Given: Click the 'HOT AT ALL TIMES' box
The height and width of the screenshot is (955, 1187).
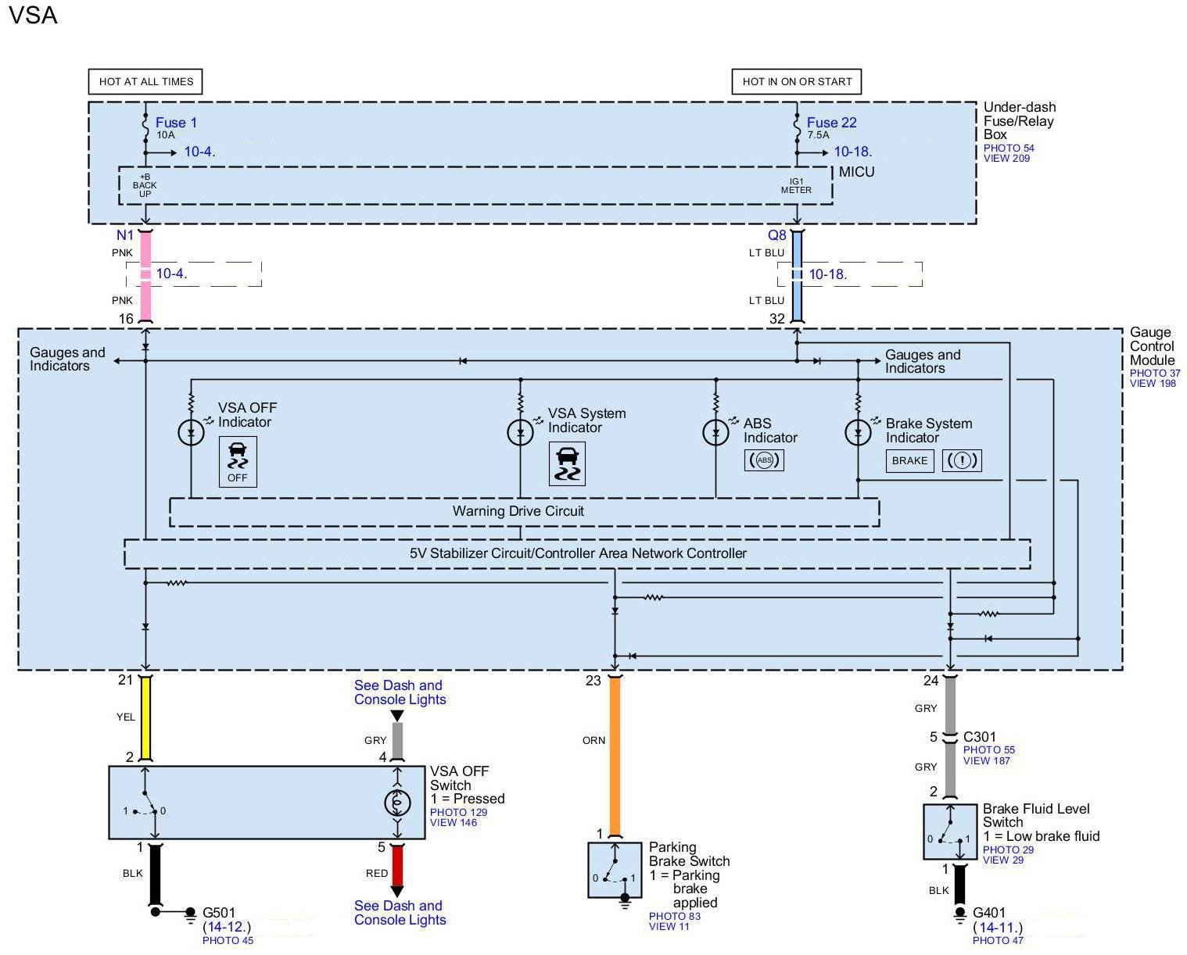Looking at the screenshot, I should coord(145,81).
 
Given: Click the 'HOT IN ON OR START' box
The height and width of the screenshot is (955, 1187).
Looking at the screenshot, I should coord(796,81).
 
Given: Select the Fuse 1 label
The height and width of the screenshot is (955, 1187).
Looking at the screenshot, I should coord(176,123).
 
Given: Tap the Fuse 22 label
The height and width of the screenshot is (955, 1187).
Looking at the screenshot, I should coord(831,123).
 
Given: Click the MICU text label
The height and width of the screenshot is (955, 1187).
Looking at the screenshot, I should coord(856,172).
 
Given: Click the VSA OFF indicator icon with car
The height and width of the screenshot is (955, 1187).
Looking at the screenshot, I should coord(238,462).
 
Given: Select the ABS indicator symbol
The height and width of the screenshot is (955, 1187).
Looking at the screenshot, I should coord(764,460).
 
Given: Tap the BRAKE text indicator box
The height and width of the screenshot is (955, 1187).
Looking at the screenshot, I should coord(909,460).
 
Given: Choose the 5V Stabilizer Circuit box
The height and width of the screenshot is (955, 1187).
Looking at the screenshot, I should coord(577,553).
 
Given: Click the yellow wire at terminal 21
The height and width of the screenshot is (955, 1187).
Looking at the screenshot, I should coord(145,717).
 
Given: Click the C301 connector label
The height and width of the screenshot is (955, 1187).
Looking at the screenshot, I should coord(979,736).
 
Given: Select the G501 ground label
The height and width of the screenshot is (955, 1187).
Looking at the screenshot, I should coord(219,912).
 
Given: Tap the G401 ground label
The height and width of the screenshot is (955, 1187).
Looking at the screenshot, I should coord(989,912).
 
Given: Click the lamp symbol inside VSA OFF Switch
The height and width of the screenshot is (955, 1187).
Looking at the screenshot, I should coord(397,803).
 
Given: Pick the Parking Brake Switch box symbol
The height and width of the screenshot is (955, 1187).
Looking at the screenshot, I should coord(615,870).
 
